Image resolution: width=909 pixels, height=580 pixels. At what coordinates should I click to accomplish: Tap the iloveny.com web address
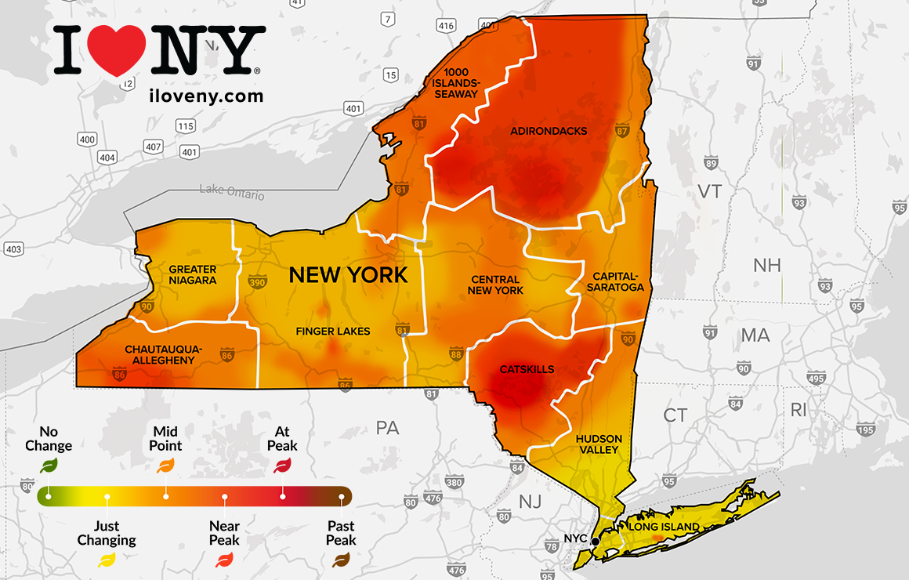[205, 96]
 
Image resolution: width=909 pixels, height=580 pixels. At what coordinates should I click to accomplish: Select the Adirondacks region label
[549, 131]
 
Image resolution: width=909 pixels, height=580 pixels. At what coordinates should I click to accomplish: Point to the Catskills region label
[527, 369]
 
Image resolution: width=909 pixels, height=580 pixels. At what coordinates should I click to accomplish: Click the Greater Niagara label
[193, 274]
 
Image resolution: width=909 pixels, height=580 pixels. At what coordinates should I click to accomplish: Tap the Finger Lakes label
[332, 332]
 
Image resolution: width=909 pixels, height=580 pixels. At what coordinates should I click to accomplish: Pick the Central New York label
[495, 285]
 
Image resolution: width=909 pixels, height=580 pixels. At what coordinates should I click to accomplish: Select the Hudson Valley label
[599, 444]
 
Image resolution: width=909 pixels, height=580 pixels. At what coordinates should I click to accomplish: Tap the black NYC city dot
[596, 541]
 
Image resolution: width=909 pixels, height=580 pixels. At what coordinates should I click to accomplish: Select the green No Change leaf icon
[49, 466]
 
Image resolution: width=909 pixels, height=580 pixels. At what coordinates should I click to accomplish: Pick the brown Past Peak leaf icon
[341, 560]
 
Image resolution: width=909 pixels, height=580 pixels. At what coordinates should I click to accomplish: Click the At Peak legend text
[282, 439]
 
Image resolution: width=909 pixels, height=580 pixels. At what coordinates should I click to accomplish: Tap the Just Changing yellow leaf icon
[107, 560]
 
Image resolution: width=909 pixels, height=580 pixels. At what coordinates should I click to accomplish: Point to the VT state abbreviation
[709, 192]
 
